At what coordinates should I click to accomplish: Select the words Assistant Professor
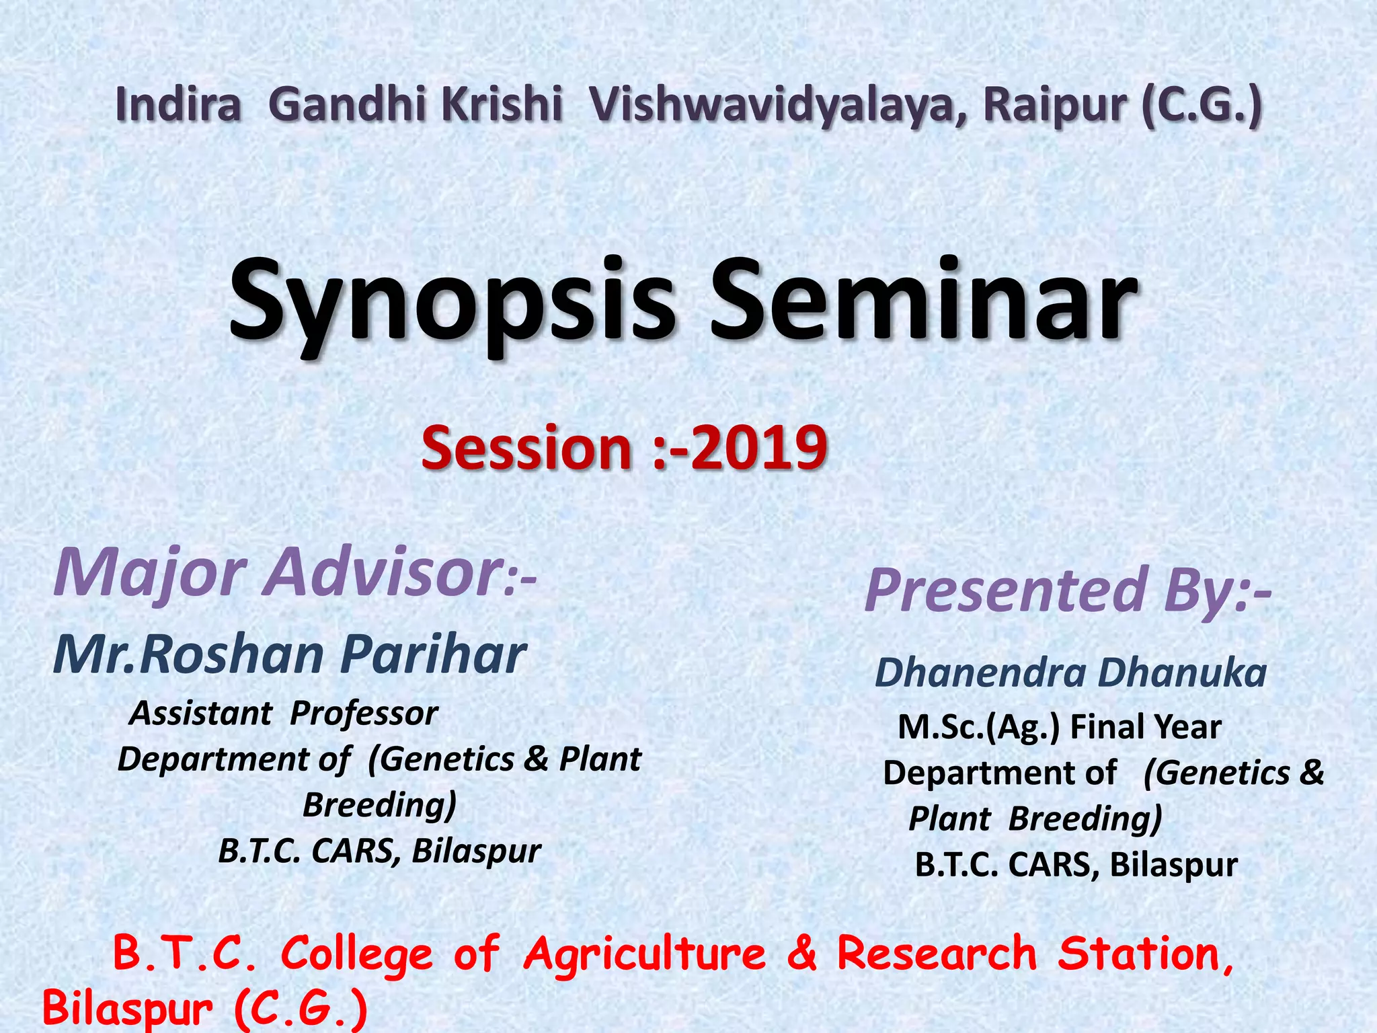(x=284, y=713)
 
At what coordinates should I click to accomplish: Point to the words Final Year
(x=1145, y=727)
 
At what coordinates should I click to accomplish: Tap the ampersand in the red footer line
(x=801, y=954)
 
